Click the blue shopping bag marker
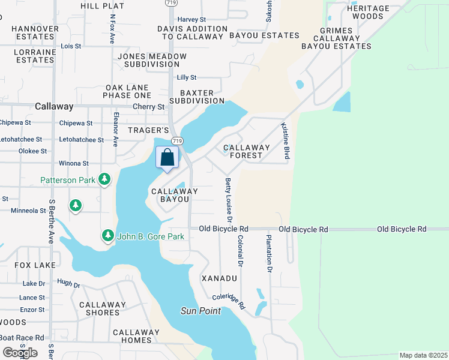coord(168,158)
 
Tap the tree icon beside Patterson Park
coord(104,179)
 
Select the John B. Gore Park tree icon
coord(108,236)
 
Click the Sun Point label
coord(200,311)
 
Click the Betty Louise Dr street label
coord(229,198)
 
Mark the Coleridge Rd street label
coord(229,301)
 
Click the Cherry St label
coord(148,107)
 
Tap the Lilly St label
coord(187,77)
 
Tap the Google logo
coord(20,352)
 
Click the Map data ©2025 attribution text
coord(423,355)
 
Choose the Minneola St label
coord(28,211)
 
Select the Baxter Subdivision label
coord(196,96)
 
